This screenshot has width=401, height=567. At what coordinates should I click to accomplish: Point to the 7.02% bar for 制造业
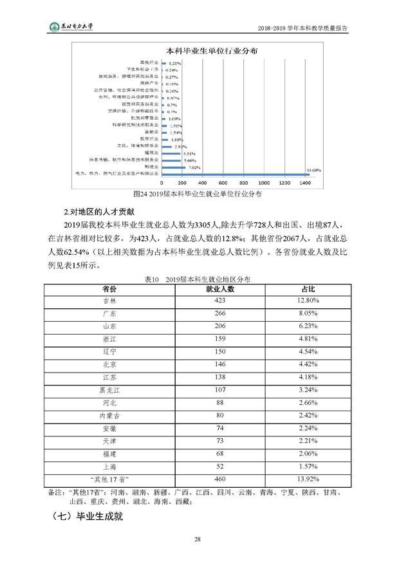pyautogui.click(x=172, y=167)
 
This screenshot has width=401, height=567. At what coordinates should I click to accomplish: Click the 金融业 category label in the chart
pyautogui.click(x=150, y=132)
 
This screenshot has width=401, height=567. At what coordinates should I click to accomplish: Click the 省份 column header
pyautogui.click(x=109, y=289)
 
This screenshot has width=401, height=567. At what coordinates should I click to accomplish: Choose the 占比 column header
pyautogui.click(x=308, y=289)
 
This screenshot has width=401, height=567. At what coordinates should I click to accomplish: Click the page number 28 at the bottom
pyautogui.click(x=200, y=539)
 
